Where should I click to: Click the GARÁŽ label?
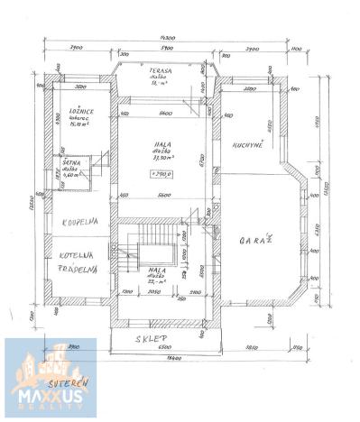click(x=255, y=241)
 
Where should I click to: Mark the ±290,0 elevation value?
click(x=162, y=173)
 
